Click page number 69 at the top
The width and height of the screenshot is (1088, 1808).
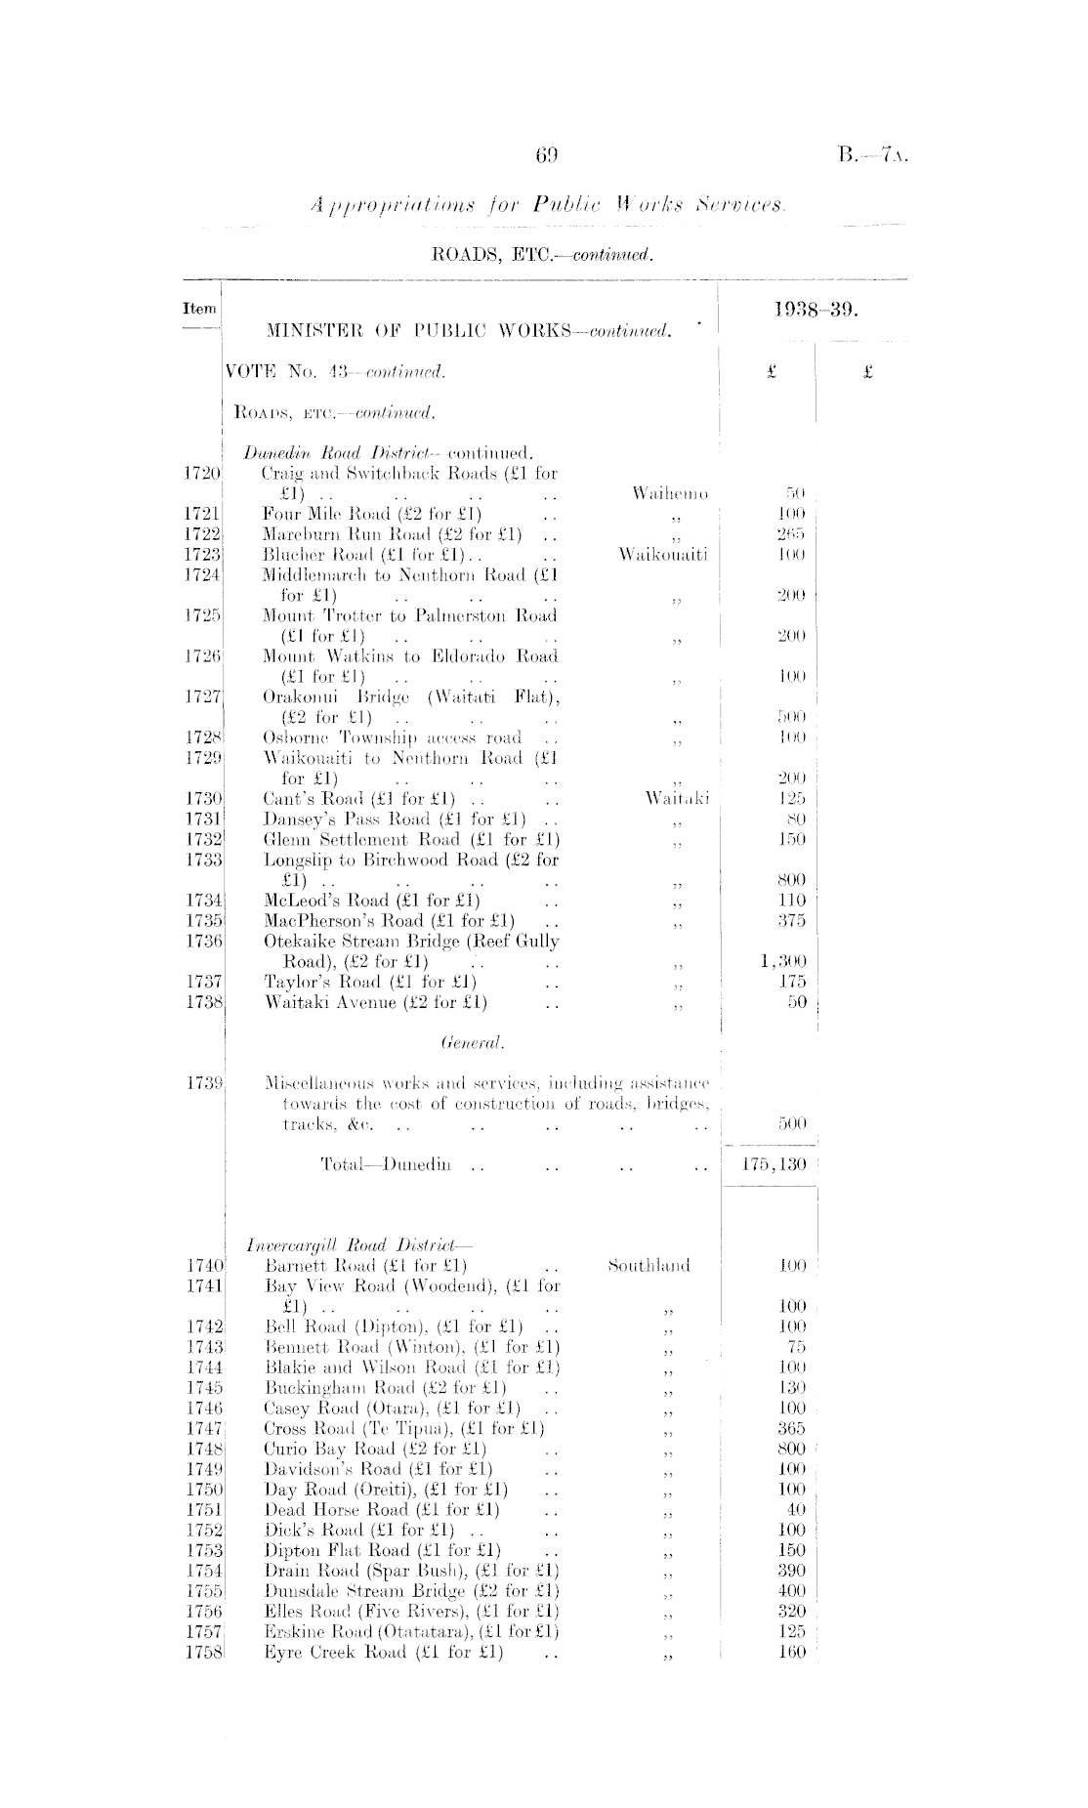546,154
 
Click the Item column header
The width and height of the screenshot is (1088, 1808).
199,309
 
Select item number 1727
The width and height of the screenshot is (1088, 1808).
205,696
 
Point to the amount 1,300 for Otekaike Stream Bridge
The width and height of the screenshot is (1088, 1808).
783,961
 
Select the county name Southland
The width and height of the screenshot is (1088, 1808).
649,1266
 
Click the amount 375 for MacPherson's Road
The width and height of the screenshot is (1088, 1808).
791,920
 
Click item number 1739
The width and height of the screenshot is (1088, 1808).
206,1083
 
